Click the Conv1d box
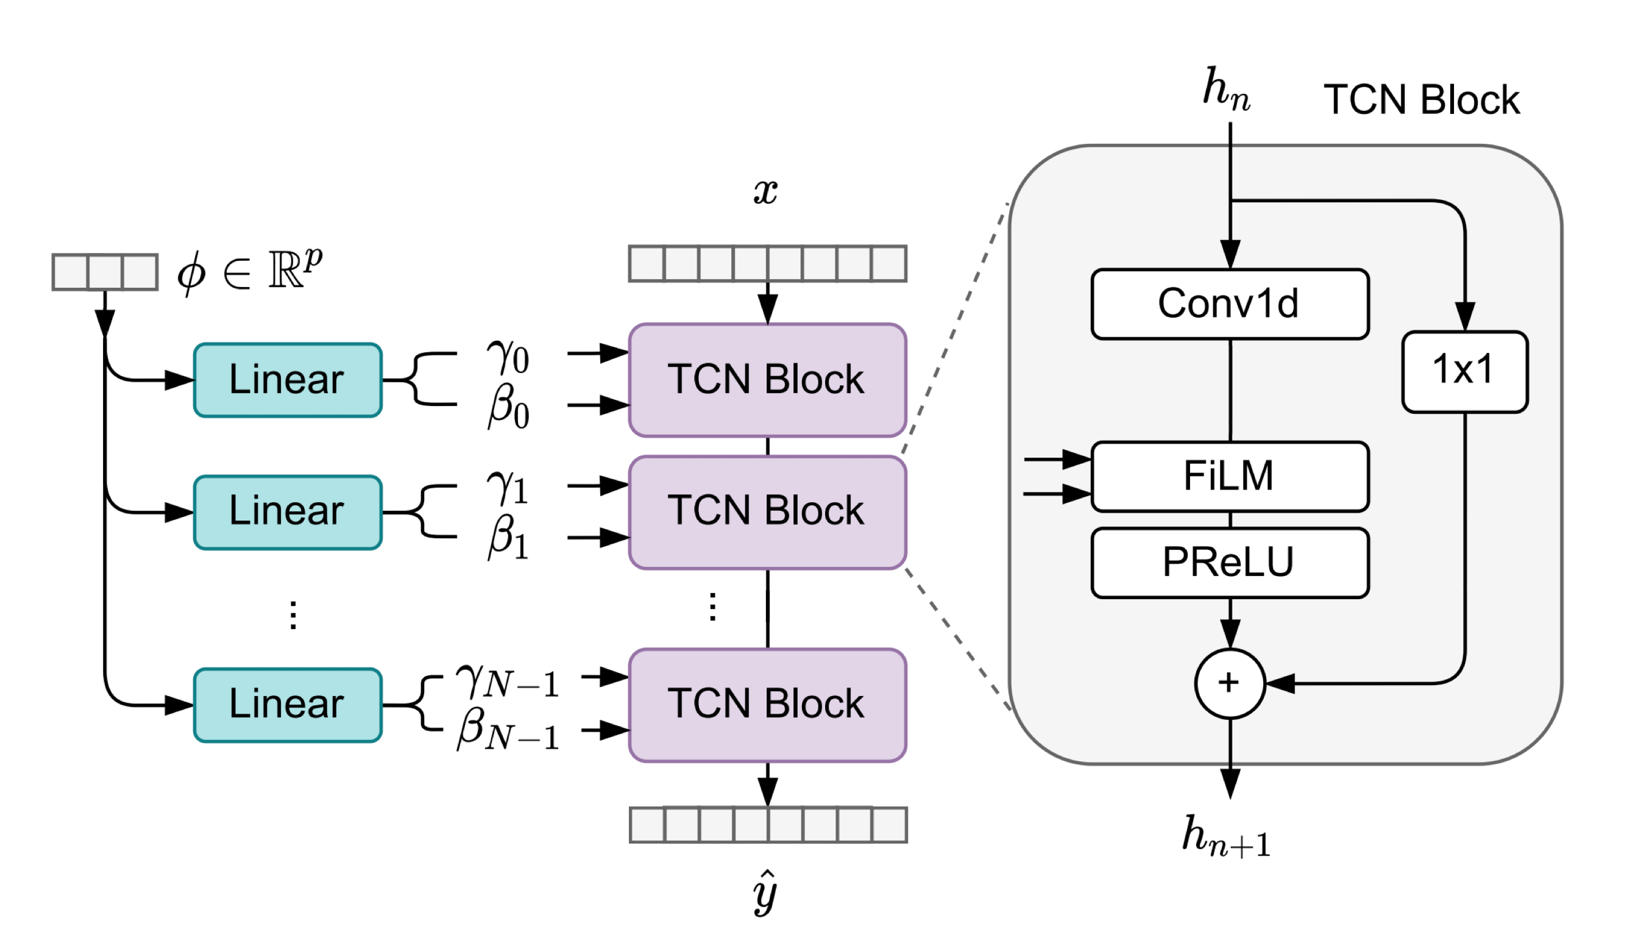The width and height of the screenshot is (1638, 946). coord(1230,304)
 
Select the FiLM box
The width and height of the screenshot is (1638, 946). coord(1230,475)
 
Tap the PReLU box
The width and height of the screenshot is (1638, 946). coord(1230,562)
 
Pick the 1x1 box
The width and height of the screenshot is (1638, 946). coord(1464,371)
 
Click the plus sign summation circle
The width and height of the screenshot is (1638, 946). coord(1230,683)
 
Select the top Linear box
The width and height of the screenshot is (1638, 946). coord(287,380)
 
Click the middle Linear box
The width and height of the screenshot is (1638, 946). coord(287,512)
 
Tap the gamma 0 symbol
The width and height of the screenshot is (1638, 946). coord(508,357)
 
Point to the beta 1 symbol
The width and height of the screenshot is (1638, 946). coord(508,538)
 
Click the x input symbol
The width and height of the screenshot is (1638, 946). coord(766,191)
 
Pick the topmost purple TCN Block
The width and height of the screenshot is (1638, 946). coord(767,380)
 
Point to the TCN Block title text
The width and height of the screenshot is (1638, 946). coord(1421,101)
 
